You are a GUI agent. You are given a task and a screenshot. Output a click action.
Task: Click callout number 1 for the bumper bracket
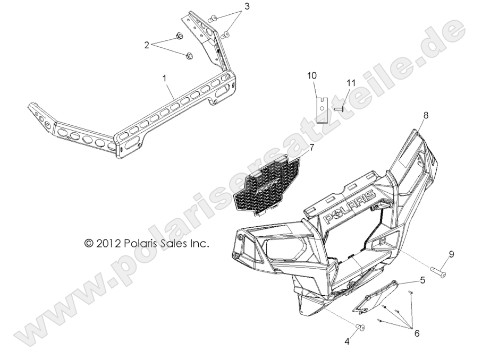coord(165,78)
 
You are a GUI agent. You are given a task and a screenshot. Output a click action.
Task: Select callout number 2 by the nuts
coord(147,45)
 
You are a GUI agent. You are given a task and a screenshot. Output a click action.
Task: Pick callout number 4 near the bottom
coord(347,342)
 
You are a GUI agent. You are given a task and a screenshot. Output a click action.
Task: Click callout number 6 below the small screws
coord(417,333)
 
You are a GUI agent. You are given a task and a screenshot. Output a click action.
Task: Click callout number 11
coord(350,82)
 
